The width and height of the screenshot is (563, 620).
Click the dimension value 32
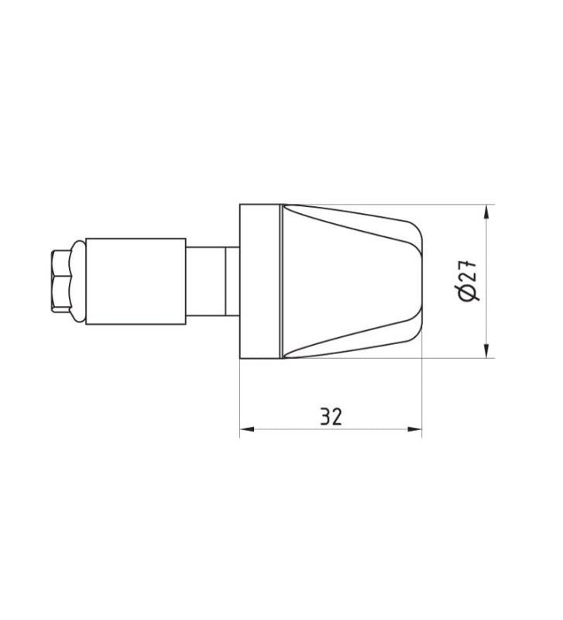pyautogui.click(x=331, y=416)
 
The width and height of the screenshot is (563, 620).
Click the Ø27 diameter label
pyautogui.click(x=469, y=281)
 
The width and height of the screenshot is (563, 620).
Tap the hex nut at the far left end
pyautogui.click(x=61, y=281)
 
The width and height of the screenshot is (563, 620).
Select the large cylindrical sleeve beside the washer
pyautogui.click(x=136, y=281)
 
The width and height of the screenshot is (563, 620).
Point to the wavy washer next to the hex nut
pyautogui.click(x=78, y=281)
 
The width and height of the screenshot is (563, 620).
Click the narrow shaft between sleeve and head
pyautogui.click(x=212, y=281)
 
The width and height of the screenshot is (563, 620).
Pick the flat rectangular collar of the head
pyautogui.click(x=260, y=281)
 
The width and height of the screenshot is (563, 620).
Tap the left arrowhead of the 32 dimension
pyautogui.click(x=247, y=429)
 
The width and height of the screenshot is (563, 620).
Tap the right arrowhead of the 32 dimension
pyautogui.click(x=415, y=429)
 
